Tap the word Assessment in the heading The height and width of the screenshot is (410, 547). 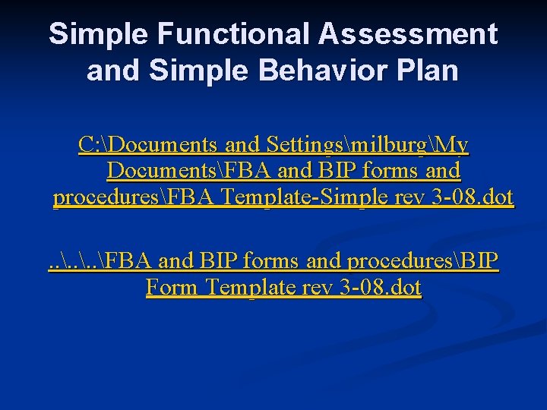click(409, 34)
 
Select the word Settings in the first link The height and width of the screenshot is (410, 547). click(308, 143)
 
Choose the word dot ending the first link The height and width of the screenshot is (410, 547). click(497, 198)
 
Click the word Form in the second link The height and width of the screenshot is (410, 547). click(172, 288)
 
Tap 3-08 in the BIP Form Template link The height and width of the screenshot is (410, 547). click(364, 288)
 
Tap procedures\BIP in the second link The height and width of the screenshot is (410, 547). click(422, 260)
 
